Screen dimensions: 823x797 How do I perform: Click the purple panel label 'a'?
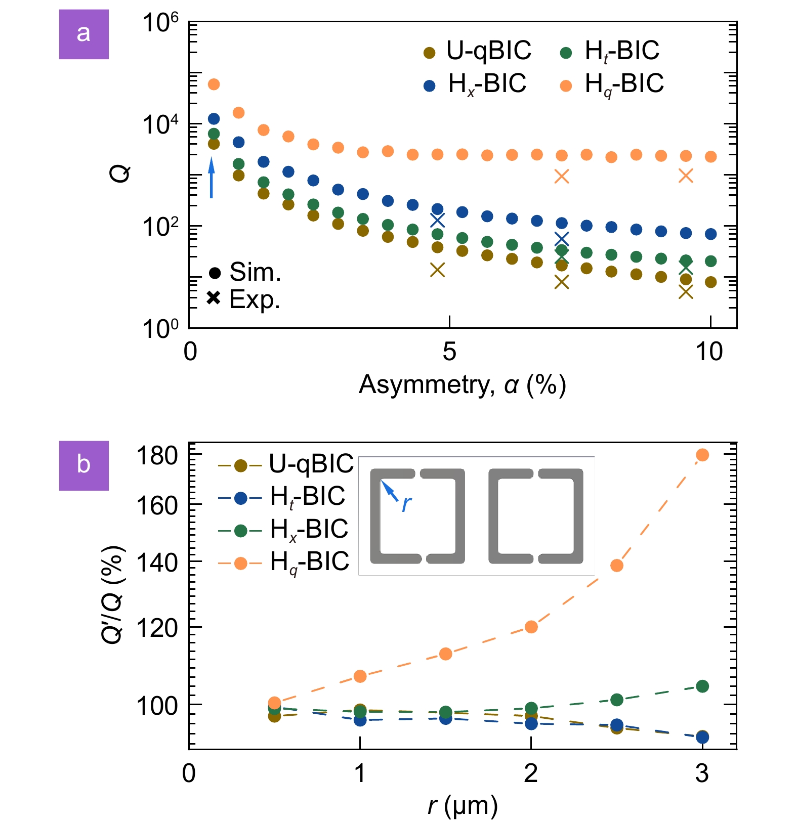tap(83, 34)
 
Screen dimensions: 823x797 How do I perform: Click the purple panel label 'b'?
tap(83, 465)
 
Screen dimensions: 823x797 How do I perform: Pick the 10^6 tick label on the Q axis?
tap(160, 22)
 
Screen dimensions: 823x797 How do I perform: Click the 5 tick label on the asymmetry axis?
tap(449, 352)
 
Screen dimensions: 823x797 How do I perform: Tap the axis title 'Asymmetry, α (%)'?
tap(462, 385)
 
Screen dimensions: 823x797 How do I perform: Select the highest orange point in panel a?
tap(214, 84)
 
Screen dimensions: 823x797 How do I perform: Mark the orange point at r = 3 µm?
tap(702, 455)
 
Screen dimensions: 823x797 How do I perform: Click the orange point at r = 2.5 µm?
tap(616, 566)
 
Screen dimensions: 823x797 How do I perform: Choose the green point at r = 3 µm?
tap(702, 686)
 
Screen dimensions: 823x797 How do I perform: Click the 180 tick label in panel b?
tap(157, 456)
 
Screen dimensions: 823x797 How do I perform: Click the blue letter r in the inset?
tap(406, 504)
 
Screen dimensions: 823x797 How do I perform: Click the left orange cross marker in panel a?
tap(561, 176)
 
